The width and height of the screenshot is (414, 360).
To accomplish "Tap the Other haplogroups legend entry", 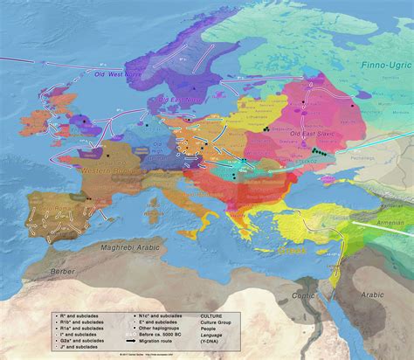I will click(159, 322).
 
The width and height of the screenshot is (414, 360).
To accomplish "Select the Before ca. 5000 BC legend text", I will click(161, 329).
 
